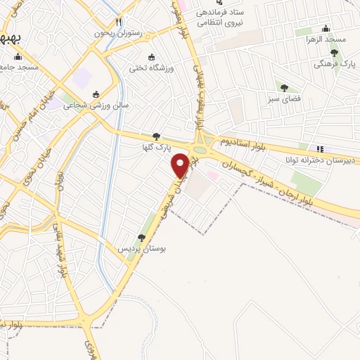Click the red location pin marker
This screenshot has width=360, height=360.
[181, 166]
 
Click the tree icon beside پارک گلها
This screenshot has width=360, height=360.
[156, 137]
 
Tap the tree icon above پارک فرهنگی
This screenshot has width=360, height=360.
[334, 53]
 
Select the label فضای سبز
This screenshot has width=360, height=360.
[284, 98]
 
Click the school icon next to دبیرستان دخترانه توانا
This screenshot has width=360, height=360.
[321, 149]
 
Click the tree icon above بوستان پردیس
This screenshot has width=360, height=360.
[141, 238]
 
